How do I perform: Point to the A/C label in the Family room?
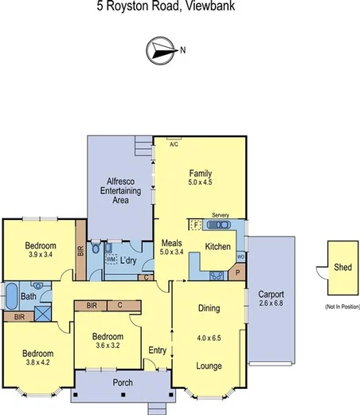pyautogui.click(x=174, y=145)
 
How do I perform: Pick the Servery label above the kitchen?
pyautogui.click(x=221, y=216)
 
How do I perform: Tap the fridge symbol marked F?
pyautogui.click(x=194, y=225)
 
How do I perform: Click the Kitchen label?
pyautogui.click(x=217, y=247)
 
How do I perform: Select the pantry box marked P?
pyautogui.click(x=237, y=273)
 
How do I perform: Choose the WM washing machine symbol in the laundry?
pyautogui.click(x=111, y=260)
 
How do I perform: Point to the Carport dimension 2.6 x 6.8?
pyautogui.click(x=271, y=303)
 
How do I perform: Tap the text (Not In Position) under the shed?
pyautogui.click(x=342, y=307)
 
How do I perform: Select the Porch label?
pyautogui.click(x=122, y=382)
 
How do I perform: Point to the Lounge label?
pyautogui.click(x=209, y=366)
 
